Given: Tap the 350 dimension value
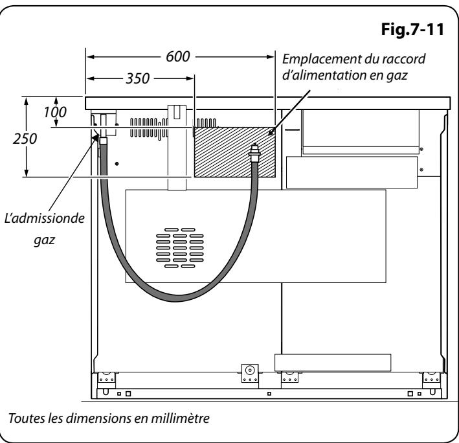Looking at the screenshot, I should coord(135,78).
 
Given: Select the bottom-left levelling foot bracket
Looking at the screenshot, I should coord(106,378).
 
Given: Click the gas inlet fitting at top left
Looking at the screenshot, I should coord(102,134).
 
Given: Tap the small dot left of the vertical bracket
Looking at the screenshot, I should coord(117,165).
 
